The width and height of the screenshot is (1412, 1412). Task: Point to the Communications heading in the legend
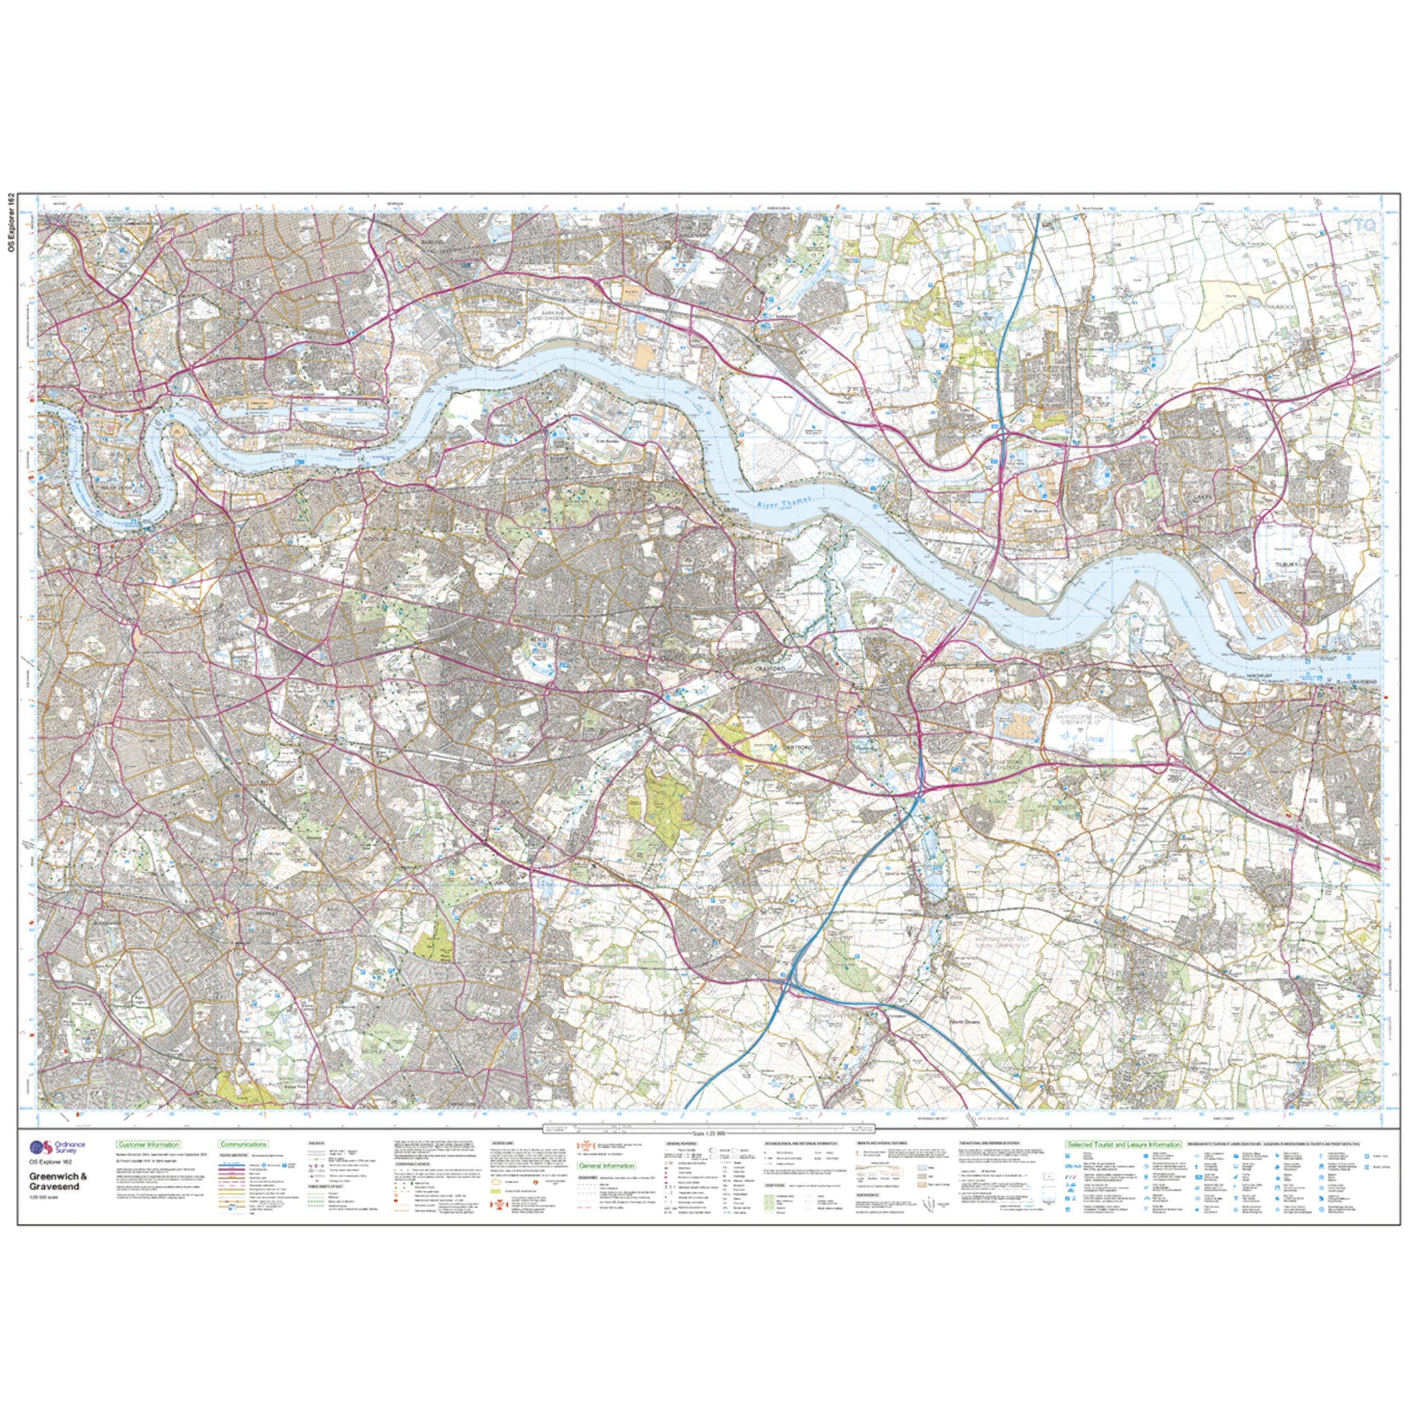point(243,1145)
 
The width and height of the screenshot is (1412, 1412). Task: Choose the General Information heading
point(607,1166)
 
